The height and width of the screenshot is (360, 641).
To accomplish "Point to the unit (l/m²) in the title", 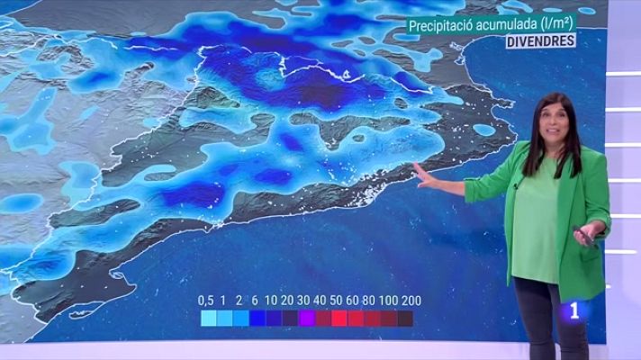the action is pos(558,27).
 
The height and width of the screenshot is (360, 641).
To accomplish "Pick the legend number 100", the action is pos(386,300).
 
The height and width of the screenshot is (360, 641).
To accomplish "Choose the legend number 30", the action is pos(304,300).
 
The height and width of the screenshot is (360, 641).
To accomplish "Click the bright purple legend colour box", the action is pos(305,318).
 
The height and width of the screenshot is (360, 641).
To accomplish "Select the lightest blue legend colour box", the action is pos(208,318).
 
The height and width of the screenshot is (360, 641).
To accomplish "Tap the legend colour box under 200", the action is pos(405,318).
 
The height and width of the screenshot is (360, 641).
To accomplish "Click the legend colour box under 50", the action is pos(339,318).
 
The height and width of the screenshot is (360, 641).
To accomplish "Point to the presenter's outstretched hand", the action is pos(423,174).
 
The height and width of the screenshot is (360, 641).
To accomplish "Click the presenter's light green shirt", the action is pos(540,225).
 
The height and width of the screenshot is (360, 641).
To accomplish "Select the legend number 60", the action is pos(354,300).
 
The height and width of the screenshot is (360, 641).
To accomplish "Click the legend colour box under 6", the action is pos(257,318).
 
